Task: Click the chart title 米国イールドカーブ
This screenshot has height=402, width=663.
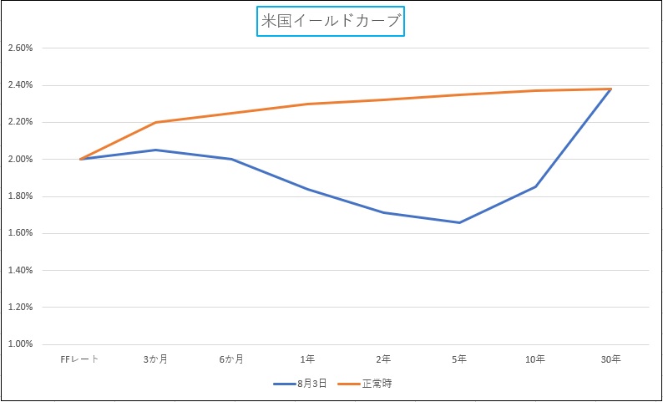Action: (x=331, y=22)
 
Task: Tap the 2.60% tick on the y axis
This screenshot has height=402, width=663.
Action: (x=19, y=48)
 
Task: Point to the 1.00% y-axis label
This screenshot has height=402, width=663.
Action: (x=19, y=344)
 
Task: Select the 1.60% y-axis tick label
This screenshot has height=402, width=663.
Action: (x=19, y=233)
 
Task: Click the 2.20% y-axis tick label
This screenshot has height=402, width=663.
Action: (x=19, y=122)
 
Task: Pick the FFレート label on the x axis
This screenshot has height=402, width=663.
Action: (x=80, y=359)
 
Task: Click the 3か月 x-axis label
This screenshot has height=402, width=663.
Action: (x=155, y=359)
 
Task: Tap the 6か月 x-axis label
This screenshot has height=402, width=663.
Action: (x=231, y=359)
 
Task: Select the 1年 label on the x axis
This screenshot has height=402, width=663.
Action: (x=307, y=359)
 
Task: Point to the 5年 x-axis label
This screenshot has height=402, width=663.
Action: (x=459, y=359)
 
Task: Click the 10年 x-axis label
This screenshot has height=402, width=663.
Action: (x=535, y=359)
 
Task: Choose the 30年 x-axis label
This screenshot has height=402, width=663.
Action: (x=610, y=359)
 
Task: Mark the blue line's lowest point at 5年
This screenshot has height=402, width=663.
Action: (x=459, y=222)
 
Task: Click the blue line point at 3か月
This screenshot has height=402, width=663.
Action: (x=155, y=150)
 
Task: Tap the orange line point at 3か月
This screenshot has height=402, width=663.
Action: (x=155, y=123)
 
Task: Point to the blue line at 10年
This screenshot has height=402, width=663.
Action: (x=535, y=186)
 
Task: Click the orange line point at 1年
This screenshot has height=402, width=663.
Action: (x=307, y=104)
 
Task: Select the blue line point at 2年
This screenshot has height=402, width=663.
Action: (x=383, y=212)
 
